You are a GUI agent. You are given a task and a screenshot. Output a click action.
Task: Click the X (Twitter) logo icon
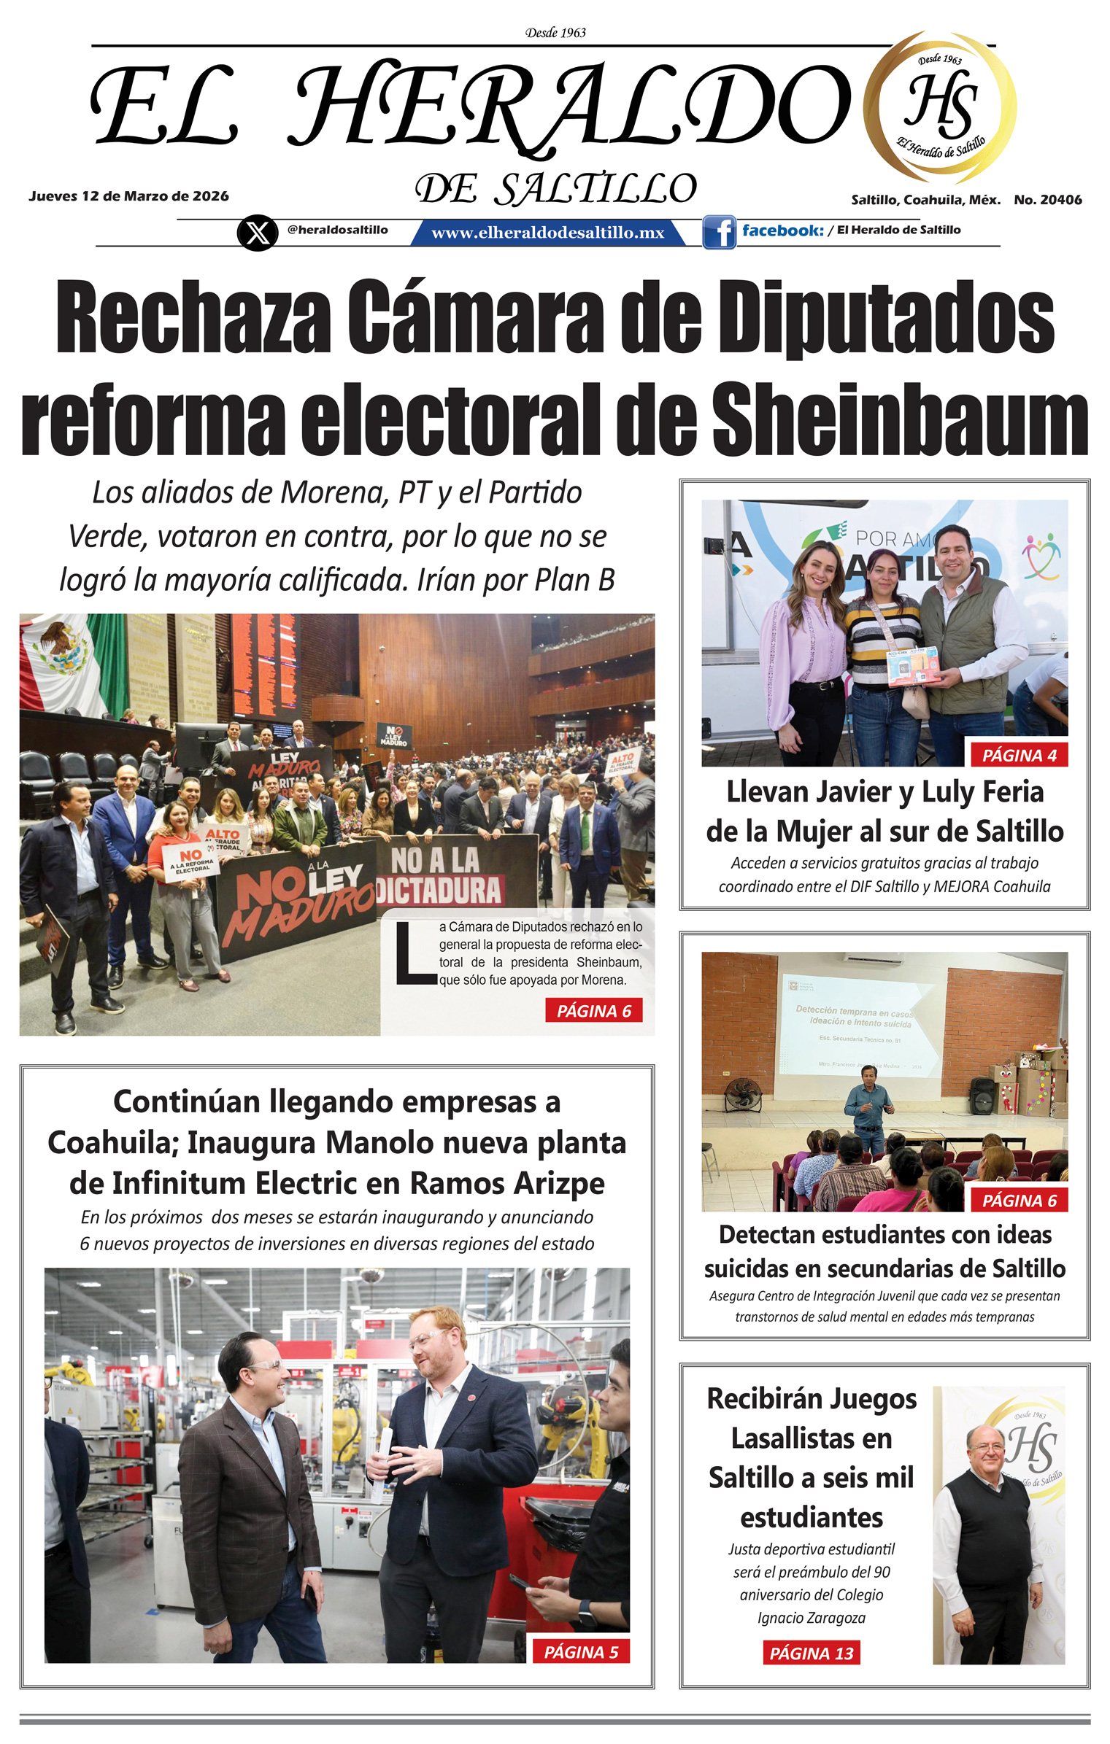pyautogui.click(x=257, y=233)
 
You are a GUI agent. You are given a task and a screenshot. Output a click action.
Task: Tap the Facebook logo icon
pyautogui.click(x=719, y=232)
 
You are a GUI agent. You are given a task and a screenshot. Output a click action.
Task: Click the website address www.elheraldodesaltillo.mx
pyautogui.click(x=547, y=233)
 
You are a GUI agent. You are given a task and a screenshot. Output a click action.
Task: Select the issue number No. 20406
pyautogui.click(x=1047, y=200)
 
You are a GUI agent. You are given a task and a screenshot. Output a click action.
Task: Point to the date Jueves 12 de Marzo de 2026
pyautogui.click(x=128, y=196)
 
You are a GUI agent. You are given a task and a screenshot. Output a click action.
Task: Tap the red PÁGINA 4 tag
pyautogui.click(x=1019, y=755)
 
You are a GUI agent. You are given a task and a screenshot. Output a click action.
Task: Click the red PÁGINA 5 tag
pyautogui.click(x=581, y=1651)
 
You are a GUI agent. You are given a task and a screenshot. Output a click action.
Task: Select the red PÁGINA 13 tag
pyautogui.click(x=812, y=1653)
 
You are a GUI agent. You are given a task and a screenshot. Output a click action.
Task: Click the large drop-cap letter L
pyautogui.click(x=415, y=953)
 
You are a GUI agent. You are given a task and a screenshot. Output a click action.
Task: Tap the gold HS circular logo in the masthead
pyautogui.click(x=940, y=106)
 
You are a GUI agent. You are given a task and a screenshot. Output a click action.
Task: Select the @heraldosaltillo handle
pyautogui.click(x=337, y=230)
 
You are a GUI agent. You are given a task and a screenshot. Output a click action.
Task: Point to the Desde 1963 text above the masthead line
pyautogui.click(x=555, y=33)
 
